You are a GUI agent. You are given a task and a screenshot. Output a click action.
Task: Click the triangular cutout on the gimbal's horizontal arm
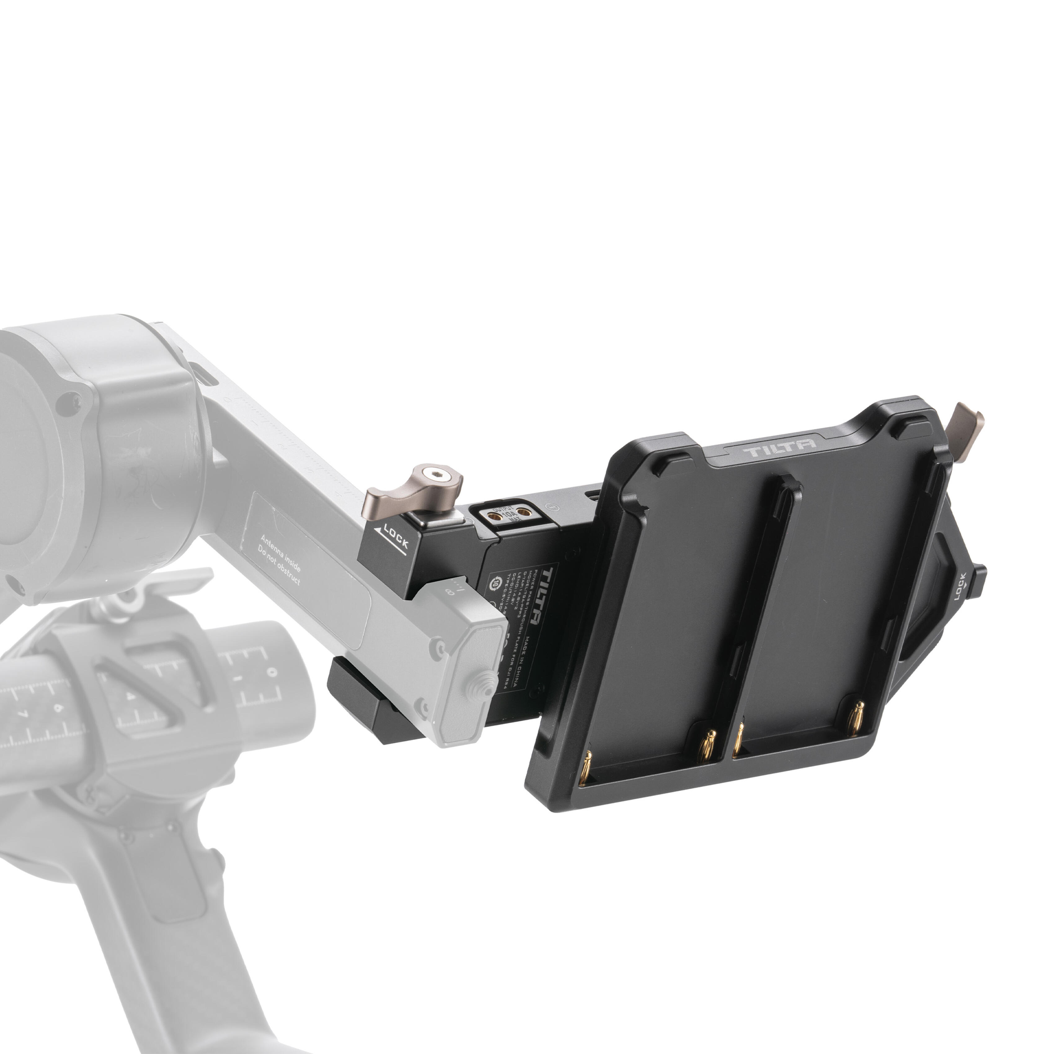[139, 687]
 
